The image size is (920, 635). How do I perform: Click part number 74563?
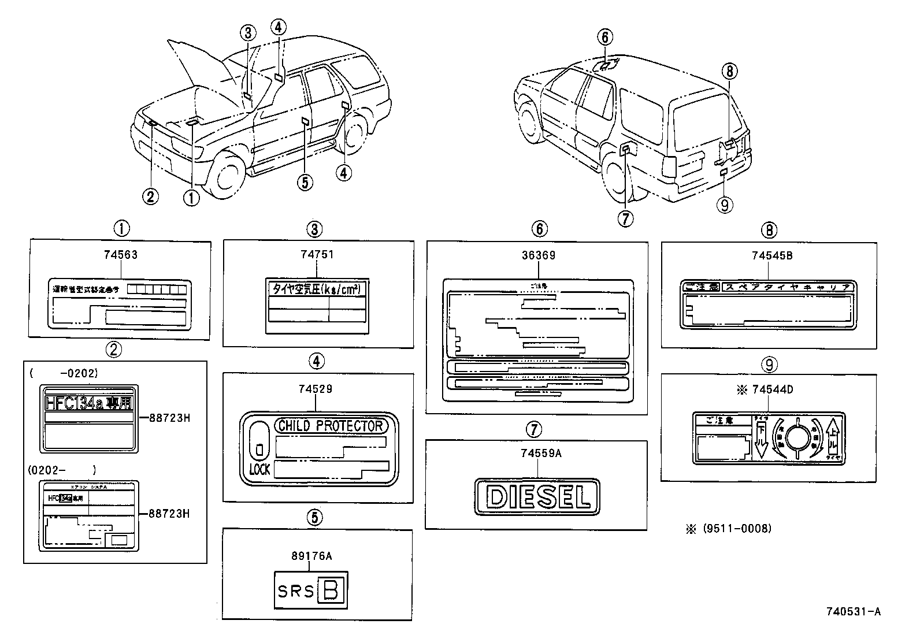[121, 255]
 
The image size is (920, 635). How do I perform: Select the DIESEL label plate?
[537, 497]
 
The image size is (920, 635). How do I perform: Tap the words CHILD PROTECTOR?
[331, 426]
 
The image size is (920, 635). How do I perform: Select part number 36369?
[539, 255]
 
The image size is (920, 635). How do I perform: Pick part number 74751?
[317, 255]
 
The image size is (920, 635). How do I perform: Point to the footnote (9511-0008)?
[737, 528]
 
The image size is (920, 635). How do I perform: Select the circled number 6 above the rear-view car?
[604, 38]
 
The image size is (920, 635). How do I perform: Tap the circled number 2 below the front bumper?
[150, 197]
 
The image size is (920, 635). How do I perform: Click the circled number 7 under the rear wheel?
[625, 218]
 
